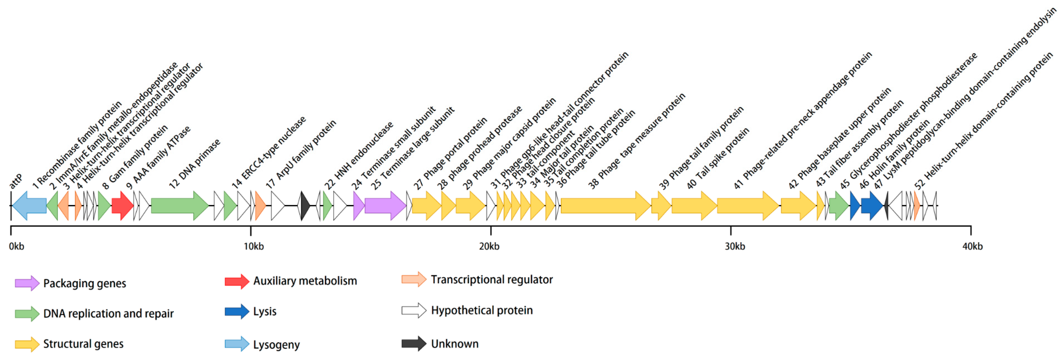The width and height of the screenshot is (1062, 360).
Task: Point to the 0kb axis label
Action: (17, 247)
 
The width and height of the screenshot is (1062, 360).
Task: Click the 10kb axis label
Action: (254, 247)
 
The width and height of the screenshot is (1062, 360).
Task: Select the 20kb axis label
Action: (489, 247)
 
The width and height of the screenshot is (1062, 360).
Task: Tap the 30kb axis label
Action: (735, 247)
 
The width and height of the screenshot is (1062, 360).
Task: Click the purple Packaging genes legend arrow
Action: (27, 283)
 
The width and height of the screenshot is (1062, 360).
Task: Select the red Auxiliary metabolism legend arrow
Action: (237, 281)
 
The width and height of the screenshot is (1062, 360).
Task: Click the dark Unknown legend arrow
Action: (414, 343)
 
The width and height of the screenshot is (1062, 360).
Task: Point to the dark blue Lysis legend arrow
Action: (237, 311)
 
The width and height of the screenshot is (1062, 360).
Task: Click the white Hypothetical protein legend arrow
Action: (414, 310)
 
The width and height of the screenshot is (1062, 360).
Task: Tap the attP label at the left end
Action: (16, 181)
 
